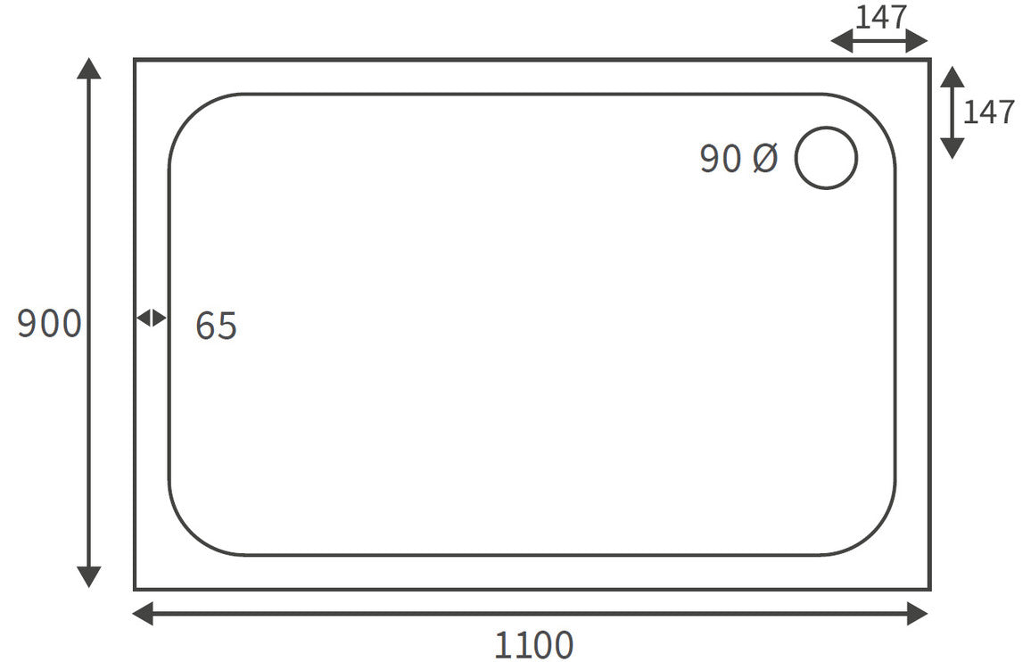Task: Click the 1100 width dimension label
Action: pyautogui.click(x=533, y=644)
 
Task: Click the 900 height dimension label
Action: pyautogui.click(x=49, y=324)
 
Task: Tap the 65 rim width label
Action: pyautogui.click(x=216, y=327)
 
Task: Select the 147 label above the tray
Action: pyautogui.click(x=881, y=17)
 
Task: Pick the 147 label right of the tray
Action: pyautogui.click(x=989, y=112)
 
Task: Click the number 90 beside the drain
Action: pyautogui.click(x=721, y=159)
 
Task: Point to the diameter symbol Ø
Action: pyautogui.click(x=765, y=159)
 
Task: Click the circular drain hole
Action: pyautogui.click(x=826, y=158)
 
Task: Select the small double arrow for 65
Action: pyautogui.click(x=152, y=318)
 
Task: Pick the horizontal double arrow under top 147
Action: pyautogui.click(x=879, y=40)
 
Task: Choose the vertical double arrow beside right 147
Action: pyautogui.click(x=953, y=112)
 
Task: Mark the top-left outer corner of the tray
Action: pyautogui.click(x=136, y=60)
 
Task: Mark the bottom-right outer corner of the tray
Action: pyautogui.click(x=929, y=589)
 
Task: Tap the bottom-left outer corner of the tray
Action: pyautogui.click(x=136, y=589)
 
